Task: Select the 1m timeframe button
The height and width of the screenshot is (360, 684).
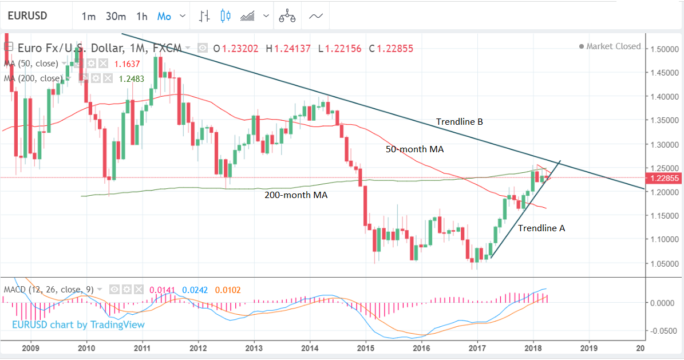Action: (89, 16)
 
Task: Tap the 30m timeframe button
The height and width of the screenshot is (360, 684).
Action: (116, 16)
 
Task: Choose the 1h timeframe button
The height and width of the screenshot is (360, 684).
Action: (141, 16)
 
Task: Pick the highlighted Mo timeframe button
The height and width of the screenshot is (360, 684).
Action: (164, 16)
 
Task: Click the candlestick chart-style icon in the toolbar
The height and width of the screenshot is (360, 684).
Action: (225, 16)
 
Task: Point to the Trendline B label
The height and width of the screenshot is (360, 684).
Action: (459, 122)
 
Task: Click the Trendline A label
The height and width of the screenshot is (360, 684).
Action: (541, 228)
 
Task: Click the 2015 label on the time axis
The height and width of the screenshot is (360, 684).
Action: (365, 347)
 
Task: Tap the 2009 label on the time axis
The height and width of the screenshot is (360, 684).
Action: (30, 347)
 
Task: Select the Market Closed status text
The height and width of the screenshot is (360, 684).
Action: (613, 46)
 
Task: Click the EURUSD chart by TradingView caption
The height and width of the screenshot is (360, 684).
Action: (78, 325)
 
